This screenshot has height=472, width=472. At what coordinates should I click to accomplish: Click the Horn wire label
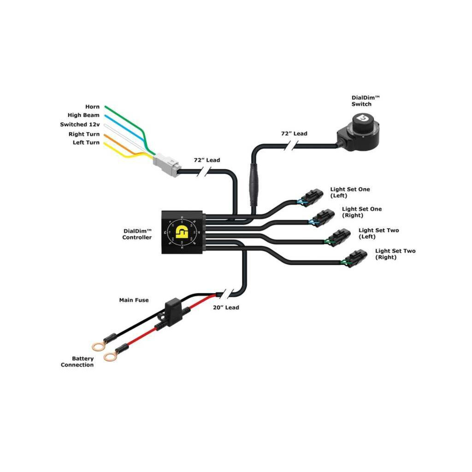click(x=92, y=107)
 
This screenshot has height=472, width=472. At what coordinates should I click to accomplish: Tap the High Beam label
click(x=83, y=115)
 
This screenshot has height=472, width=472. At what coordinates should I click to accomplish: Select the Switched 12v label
click(x=80, y=124)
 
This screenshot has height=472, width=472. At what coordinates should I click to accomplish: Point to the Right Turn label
click(x=84, y=134)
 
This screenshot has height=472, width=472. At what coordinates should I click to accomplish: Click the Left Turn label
click(x=86, y=142)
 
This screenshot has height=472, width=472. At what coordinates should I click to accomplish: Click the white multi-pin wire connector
click(x=166, y=164)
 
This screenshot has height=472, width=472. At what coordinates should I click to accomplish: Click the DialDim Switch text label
click(x=361, y=101)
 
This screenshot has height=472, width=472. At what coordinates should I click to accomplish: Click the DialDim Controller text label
click(x=137, y=234)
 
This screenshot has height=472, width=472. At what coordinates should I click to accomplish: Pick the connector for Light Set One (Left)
click(x=312, y=197)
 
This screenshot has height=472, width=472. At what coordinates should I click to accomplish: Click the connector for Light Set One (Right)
click(x=323, y=217)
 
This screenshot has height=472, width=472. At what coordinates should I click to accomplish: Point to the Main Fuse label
click(x=134, y=300)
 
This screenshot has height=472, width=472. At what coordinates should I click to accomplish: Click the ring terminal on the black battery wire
click(x=98, y=346)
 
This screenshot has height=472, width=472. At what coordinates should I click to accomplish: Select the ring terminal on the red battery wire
click(x=110, y=356)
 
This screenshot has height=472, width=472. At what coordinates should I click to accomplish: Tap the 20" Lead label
click(x=225, y=307)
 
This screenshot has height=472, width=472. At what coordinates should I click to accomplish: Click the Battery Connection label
click(x=77, y=362)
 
